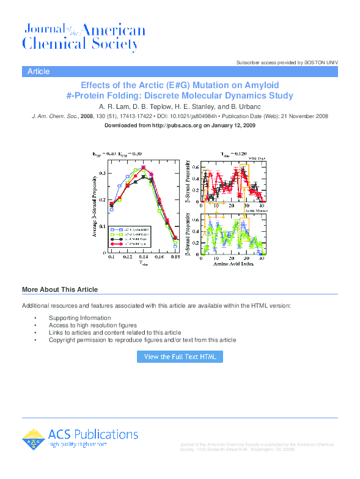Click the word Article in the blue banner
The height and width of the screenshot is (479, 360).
click(x=39, y=72)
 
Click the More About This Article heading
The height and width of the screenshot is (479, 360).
click(x=60, y=289)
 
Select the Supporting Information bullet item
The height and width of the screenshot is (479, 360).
click(x=79, y=318)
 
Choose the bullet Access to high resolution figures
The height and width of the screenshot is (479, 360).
click(x=92, y=325)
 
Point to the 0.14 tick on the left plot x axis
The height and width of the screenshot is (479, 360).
click(x=143, y=258)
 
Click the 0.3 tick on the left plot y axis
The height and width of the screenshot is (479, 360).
click(x=102, y=173)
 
